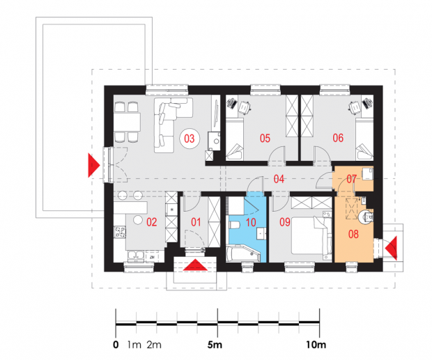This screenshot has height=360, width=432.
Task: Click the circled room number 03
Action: click(x=190, y=139)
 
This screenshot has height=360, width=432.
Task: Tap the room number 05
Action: click(x=265, y=138)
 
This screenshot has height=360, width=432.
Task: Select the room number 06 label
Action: click(x=338, y=138)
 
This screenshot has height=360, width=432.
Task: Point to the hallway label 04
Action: click(x=279, y=179)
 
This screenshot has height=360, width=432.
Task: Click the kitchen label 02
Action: click(x=152, y=222)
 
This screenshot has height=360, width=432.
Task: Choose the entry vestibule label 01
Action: click(x=196, y=222)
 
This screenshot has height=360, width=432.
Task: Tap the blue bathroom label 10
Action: click(x=251, y=222)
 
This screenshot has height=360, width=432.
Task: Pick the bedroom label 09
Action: click(x=285, y=222)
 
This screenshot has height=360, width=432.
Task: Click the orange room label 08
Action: click(x=353, y=234)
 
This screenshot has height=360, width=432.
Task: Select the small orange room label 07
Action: click(x=352, y=179)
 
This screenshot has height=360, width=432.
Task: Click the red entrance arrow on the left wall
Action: click(x=93, y=165)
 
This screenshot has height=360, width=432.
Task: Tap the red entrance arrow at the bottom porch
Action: click(x=195, y=265)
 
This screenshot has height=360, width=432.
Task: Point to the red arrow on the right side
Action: click(x=391, y=248)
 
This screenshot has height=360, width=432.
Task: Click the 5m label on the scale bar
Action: click(x=215, y=344)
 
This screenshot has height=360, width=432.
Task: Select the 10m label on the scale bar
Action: click(x=316, y=344)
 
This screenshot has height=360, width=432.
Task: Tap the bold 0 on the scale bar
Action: click(x=116, y=345)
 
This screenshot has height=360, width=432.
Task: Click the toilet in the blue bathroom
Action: click(x=234, y=225)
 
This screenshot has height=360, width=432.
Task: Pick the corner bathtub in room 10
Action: click(x=243, y=253)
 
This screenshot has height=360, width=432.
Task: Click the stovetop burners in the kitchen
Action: click(x=120, y=231)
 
